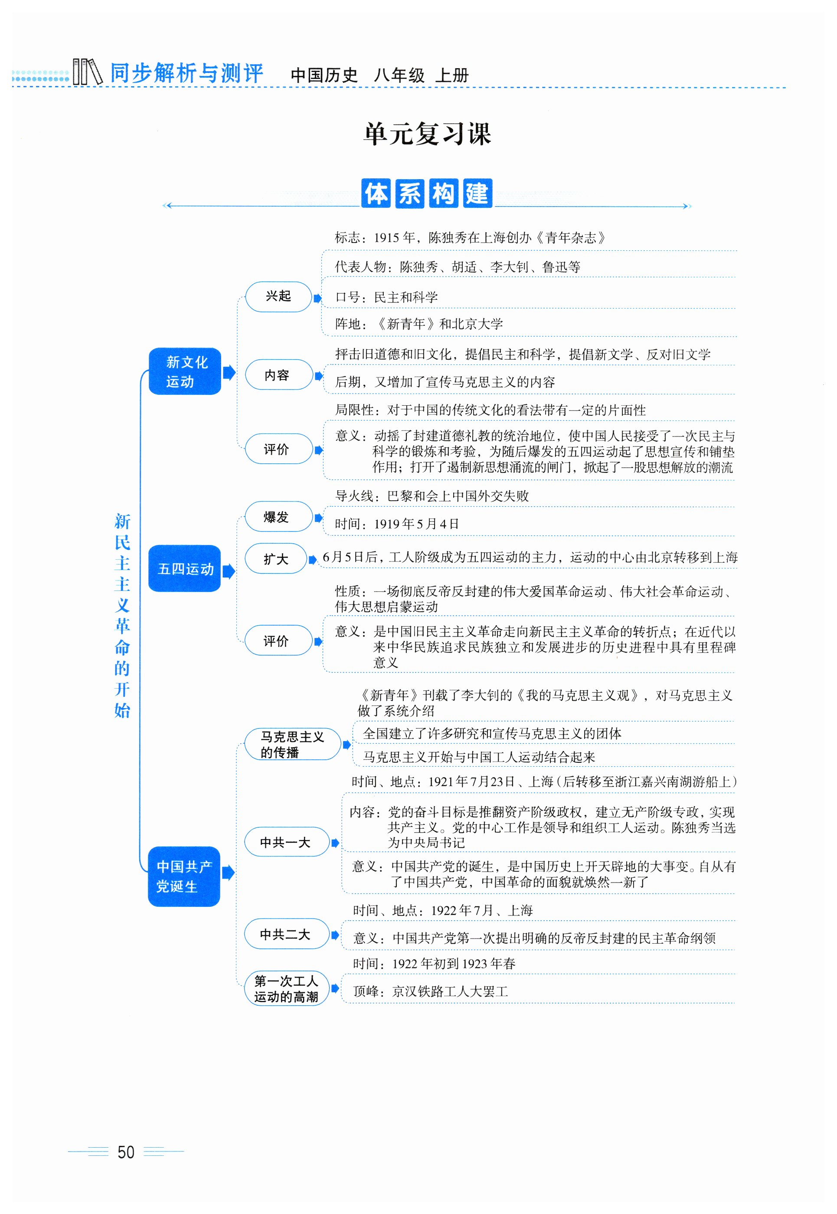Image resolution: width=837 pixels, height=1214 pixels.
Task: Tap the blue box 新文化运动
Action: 185,371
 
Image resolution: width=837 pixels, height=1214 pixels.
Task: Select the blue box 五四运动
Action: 185,569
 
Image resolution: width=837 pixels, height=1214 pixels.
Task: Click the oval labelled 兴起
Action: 278,296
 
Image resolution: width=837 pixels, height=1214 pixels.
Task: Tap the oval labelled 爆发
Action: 278,517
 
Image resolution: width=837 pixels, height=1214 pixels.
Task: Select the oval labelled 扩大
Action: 276,559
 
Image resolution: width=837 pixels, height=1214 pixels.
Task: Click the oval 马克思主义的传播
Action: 292,744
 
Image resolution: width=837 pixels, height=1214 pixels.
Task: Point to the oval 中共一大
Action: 286,842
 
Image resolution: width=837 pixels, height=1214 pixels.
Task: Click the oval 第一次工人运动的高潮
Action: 286,988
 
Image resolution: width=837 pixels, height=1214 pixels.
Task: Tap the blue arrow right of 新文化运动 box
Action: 229,373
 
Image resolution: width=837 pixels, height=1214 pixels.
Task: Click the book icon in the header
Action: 87,72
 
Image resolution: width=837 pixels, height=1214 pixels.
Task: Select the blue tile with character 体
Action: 376,194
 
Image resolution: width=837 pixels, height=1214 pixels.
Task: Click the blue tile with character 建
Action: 477,194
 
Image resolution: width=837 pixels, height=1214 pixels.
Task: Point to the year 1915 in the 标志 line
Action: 386,238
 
